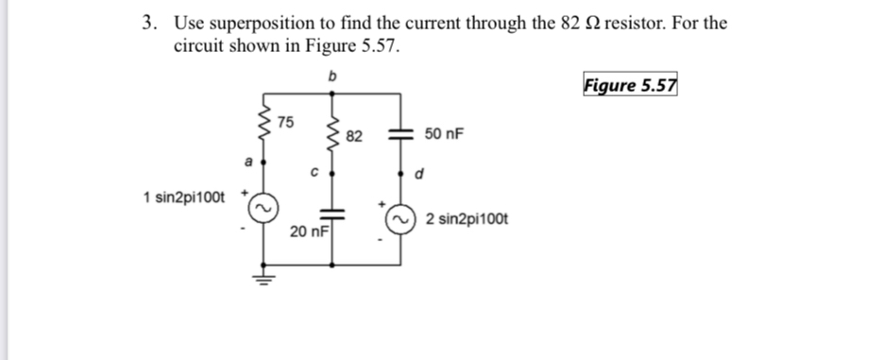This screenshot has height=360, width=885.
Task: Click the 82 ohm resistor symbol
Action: click(x=332, y=136)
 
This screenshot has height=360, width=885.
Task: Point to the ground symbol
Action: click(x=263, y=276)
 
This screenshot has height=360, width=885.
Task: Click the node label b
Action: click(x=332, y=76)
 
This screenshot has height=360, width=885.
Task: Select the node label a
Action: click(x=248, y=163)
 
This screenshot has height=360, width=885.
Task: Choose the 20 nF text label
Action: click(x=307, y=231)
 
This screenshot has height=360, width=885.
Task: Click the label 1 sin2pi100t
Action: click(x=185, y=197)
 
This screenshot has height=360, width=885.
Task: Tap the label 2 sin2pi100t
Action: click(x=467, y=220)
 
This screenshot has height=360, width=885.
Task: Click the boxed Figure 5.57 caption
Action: click(x=630, y=86)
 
